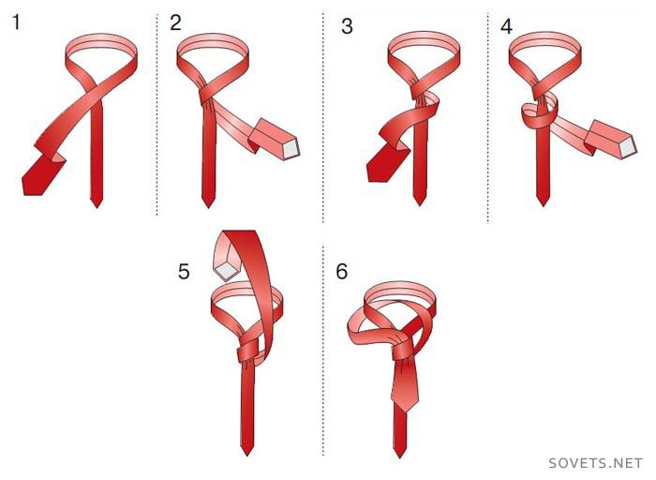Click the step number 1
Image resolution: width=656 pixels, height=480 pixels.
tap(16, 22)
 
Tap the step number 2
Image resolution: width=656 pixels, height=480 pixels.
tap(175, 22)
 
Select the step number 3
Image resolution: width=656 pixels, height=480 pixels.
tap(347, 26)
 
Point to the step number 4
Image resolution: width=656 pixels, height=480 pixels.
tap(506, 26)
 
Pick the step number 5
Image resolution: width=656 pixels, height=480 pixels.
tap(184, 271)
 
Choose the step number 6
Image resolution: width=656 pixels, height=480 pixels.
tap(342, 271)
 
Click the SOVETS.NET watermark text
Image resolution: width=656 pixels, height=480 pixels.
tap(595, 463)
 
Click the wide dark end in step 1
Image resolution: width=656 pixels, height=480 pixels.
tap(38, 175)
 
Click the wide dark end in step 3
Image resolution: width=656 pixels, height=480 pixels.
tap(384, 166)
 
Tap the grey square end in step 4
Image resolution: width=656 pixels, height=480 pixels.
tap(628, 147)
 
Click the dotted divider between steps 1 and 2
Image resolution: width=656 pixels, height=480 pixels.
tap(157, 115)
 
